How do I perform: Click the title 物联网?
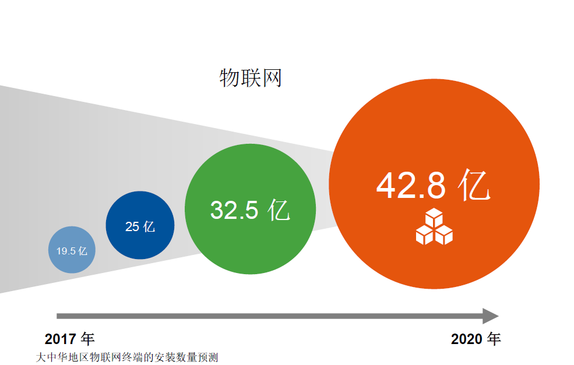(x=251, y=78)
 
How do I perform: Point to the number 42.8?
(x=411, y=186)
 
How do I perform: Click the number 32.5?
(x=234, y=210)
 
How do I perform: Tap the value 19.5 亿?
(x=72, y=251)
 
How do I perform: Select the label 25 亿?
(x=140, y=226)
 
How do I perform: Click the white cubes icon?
(x=434, y=226)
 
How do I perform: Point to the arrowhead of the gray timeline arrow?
(x=491, y=316)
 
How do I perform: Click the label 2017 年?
(x=69, y=339)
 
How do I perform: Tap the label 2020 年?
(x=476, y=339)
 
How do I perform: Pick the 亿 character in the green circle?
(x=279, y=210)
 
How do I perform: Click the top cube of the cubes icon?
(x=434, y=218)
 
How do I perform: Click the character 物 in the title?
(x=230, y=78)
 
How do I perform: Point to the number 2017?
(x=61, y=339)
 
